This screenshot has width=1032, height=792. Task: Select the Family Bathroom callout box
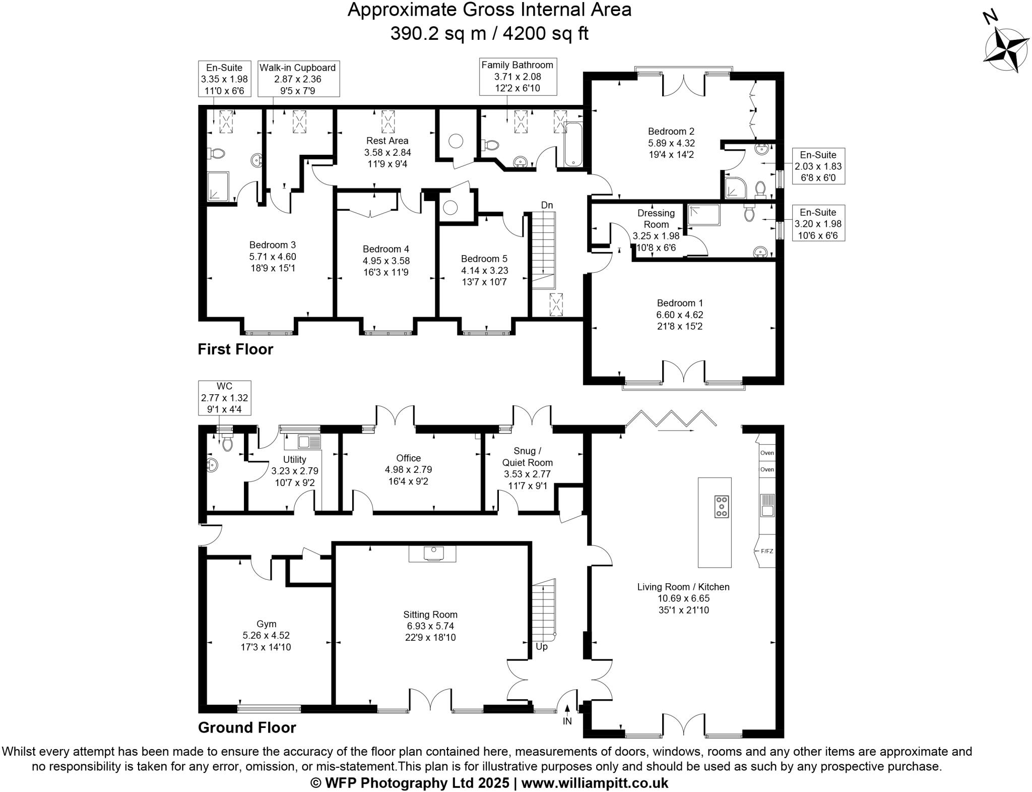(x=517, y=77)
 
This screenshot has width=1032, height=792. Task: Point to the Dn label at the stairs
(x=547, y=205)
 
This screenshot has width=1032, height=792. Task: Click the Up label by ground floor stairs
(x=541, y=646)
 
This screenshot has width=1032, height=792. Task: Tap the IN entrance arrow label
(x=567, y=721)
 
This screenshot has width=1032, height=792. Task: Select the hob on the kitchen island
(x=722, y=506)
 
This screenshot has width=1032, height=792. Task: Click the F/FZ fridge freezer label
(x=766, y=551)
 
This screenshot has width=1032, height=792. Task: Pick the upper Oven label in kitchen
(x=766, y=453)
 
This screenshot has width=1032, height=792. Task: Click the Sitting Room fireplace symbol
(x=432, y=553)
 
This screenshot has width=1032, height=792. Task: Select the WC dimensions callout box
(x=224, y=398)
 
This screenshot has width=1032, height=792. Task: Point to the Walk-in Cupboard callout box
(x=298, y=79)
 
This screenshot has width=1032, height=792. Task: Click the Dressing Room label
(x=656, y=219)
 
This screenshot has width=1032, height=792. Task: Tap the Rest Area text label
(x=387, y=141)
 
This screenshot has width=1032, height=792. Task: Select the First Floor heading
(x=235, y=349)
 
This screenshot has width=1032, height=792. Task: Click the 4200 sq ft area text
(x=546, y=33)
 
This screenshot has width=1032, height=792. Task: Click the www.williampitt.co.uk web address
(x=595, y=783)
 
